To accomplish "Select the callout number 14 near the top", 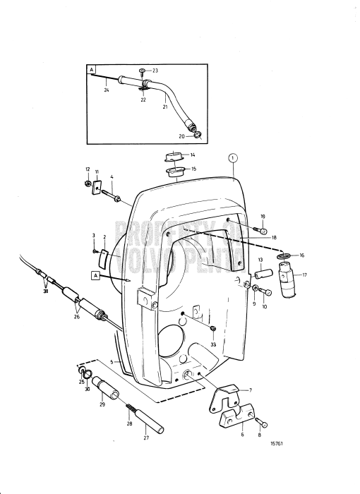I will point(192,155).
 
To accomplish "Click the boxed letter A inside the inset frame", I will point(92,70).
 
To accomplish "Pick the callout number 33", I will point(213,345).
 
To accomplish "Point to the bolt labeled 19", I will point(261,229).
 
